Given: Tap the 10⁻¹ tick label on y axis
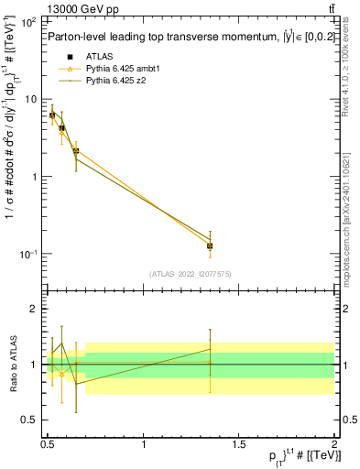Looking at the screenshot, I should point(27,254).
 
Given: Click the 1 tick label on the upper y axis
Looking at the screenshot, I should point(33,177).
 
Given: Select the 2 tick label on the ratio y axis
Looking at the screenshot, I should point(33,310).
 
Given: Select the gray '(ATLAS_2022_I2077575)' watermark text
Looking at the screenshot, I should point(190,273).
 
